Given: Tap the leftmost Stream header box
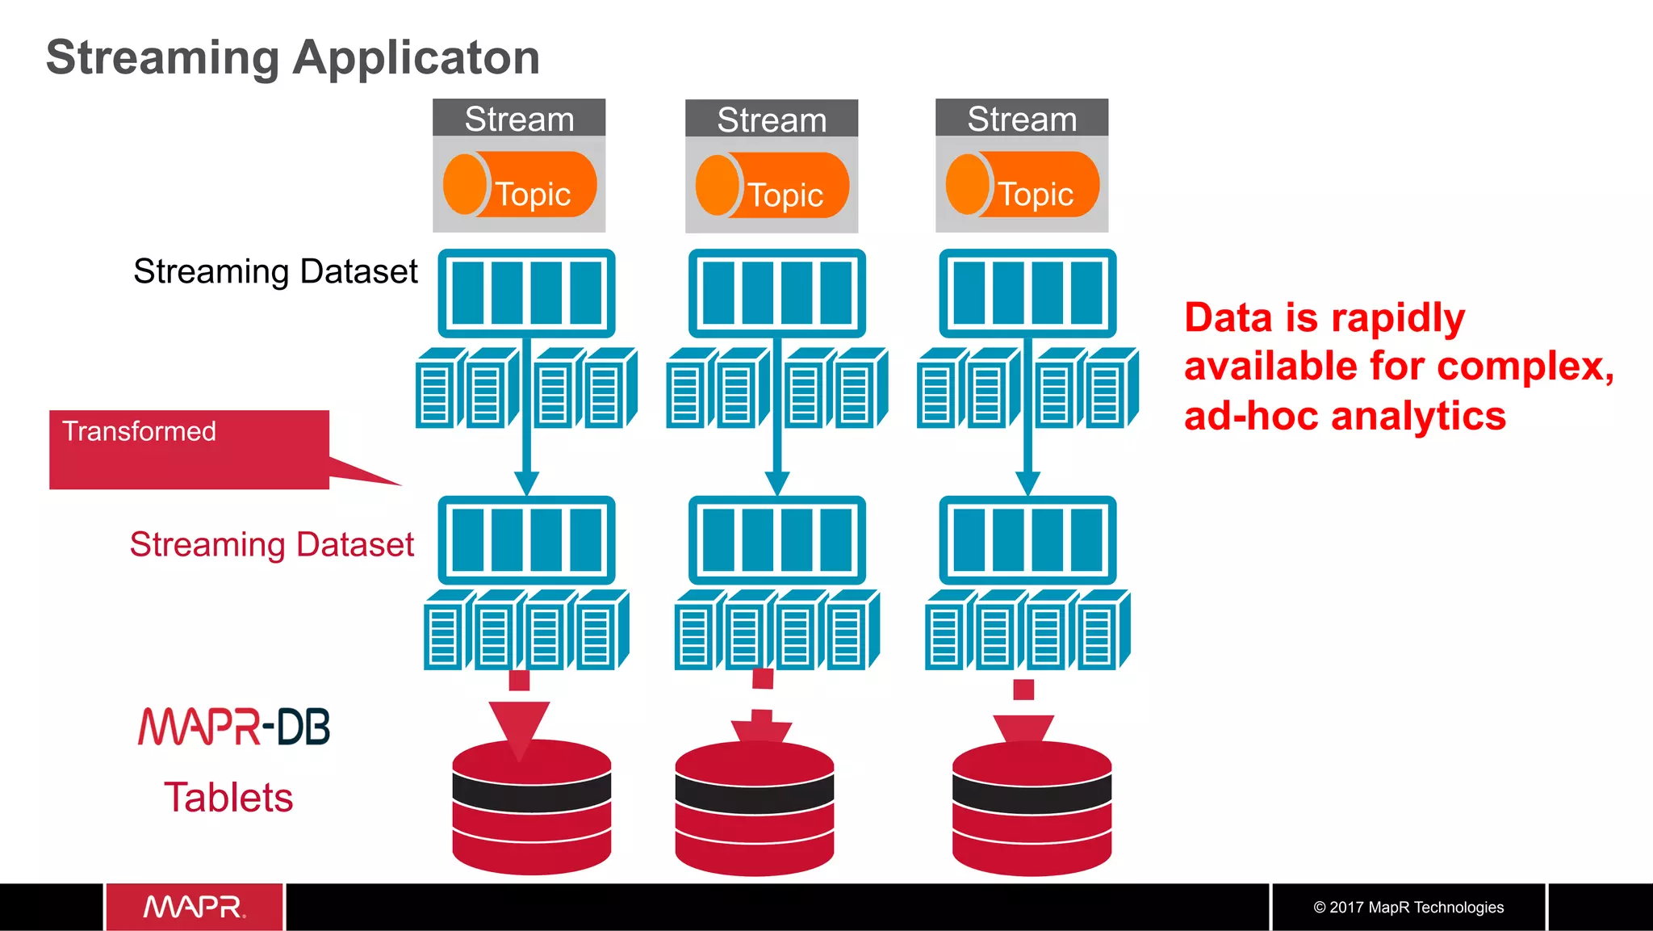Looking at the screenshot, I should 519,119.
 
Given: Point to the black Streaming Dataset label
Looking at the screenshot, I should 275,272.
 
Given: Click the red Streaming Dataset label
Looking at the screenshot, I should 272,545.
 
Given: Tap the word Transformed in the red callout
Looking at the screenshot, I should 139,431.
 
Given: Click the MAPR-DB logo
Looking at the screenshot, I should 234,726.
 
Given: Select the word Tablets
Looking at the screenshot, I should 228,798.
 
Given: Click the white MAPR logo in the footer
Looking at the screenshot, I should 194,907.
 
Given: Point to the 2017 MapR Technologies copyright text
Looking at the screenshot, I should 1408,908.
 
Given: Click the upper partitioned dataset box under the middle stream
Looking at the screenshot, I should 776,293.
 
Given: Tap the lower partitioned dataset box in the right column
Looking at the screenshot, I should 1027,540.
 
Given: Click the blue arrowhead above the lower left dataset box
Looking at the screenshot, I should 526,484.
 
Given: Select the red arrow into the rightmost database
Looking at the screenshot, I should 1023,727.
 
